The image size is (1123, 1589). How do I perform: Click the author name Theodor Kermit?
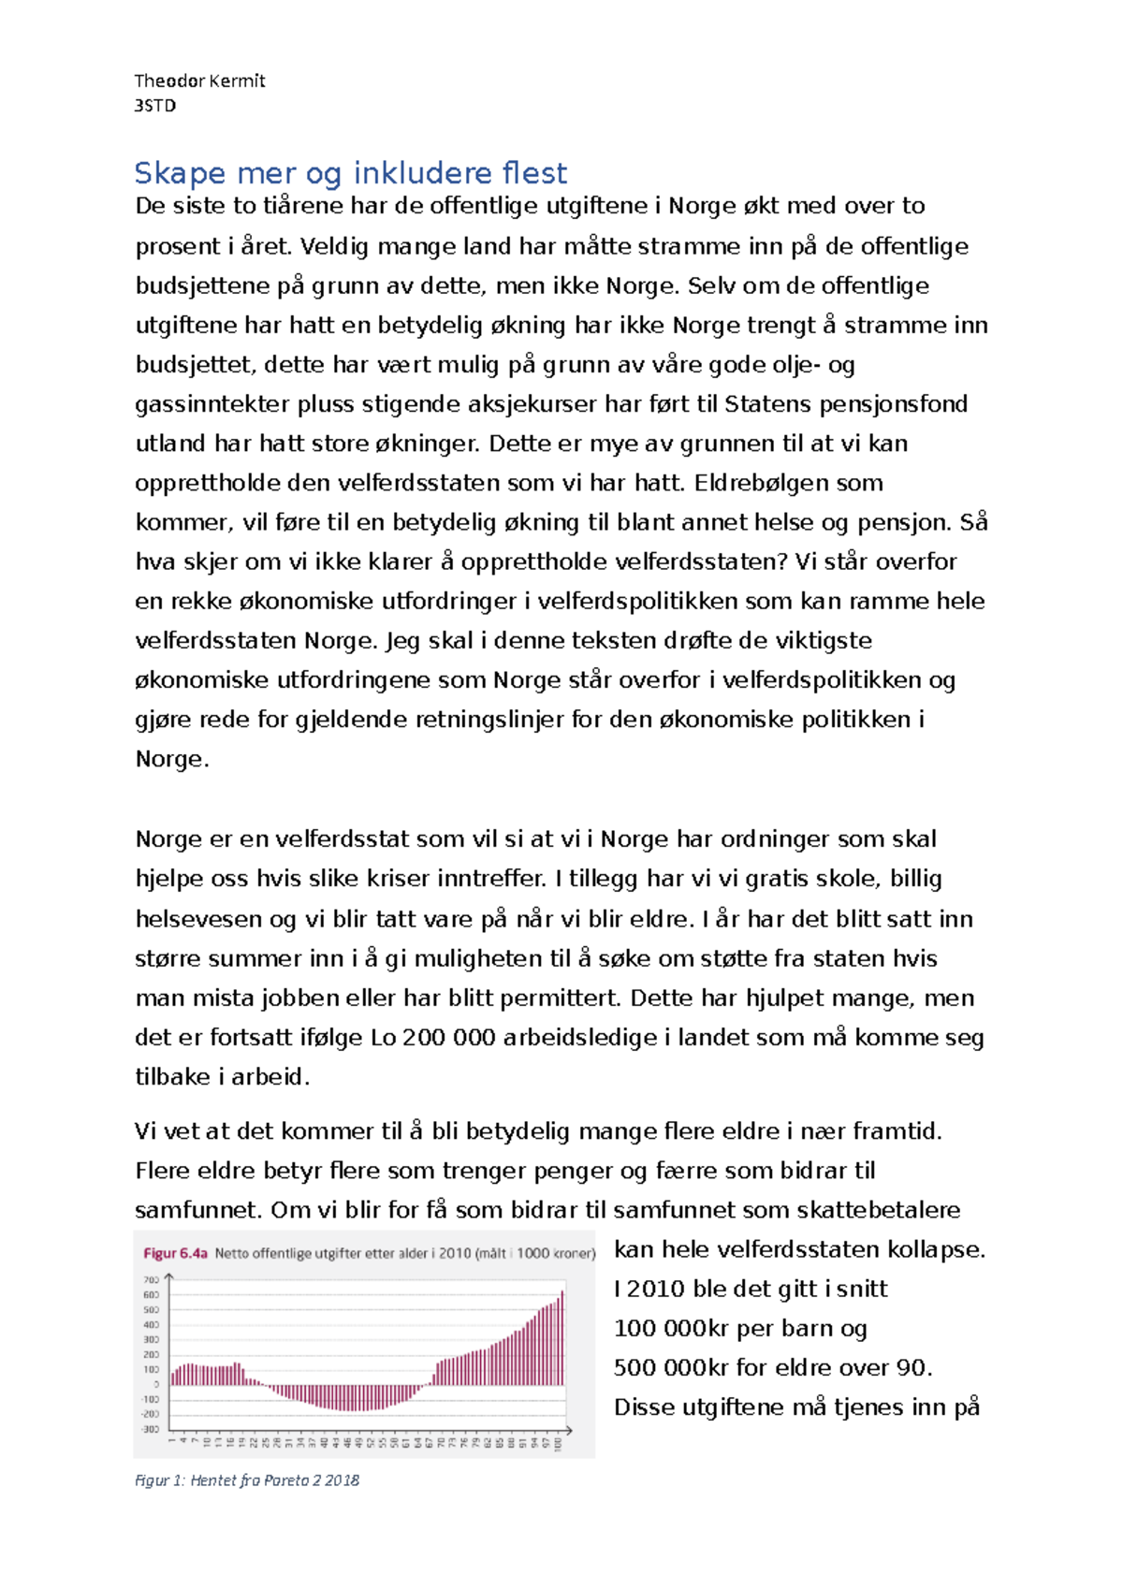pos(199,81)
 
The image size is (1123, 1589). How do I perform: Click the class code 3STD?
pos(154,106)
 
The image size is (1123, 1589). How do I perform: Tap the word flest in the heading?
pos(534,173)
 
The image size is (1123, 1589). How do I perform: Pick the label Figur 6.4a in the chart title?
pos(175,1254)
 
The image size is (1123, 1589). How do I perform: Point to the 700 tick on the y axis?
pos(151,1280)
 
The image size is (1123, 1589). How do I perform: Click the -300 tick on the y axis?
pos(150,1429)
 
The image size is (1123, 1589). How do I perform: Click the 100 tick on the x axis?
pos(559,1445)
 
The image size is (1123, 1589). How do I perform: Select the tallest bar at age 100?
pos(562,1338)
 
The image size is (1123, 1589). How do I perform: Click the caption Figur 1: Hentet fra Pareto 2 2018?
pos(247,1480)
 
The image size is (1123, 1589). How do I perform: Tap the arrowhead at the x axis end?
pos(568,1430)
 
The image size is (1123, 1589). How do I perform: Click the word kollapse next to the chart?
pos(935,1250)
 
